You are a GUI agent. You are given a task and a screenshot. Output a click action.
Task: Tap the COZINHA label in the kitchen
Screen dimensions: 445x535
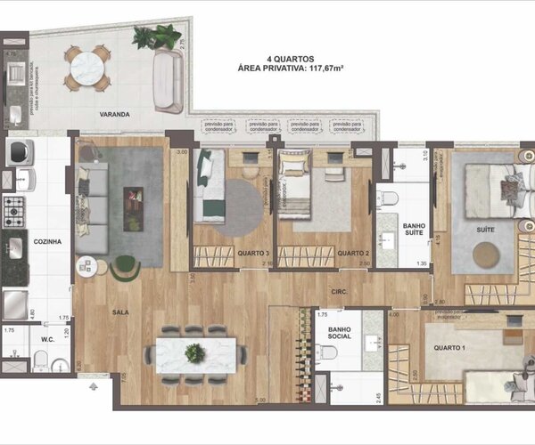(x=46, y=241)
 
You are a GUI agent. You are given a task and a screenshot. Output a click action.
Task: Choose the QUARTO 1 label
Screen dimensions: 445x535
(x=443, y=350)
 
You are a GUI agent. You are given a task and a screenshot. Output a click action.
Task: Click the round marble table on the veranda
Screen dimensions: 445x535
(x=87, y=67)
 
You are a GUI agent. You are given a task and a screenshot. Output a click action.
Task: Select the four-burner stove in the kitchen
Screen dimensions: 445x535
(x=14, y=211)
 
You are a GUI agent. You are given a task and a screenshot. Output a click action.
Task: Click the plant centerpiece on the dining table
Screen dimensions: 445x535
(x=195, y=352)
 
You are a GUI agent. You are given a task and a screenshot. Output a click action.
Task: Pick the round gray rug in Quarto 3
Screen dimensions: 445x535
(x=235, y=207)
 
